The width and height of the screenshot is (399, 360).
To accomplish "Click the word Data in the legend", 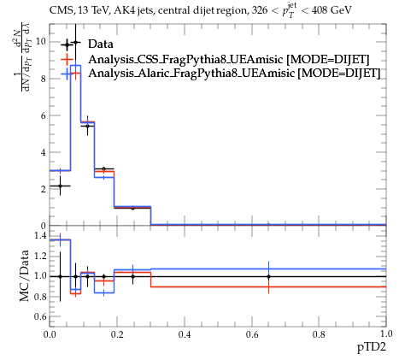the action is tap(101, 44).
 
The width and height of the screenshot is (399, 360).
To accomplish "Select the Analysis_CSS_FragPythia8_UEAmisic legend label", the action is tap(185, 59).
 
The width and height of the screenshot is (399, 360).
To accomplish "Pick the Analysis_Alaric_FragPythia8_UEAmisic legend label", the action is tap(191, 73).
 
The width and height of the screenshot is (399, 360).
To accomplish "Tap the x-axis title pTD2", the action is tap(372, 347).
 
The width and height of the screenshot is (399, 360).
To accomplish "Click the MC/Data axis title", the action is tap(24, 275).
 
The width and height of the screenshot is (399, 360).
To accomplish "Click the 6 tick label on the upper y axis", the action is tap(44, 115).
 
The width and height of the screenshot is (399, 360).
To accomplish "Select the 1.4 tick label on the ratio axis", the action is tap(40, 236).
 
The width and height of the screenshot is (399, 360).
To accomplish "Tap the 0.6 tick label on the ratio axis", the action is tap(40, 316).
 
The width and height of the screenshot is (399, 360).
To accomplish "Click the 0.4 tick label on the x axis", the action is tap(185, 334).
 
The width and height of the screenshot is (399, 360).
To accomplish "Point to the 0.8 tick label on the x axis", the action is tap(319, 334).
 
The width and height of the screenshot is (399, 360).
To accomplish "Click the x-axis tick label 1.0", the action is tap(386, 333).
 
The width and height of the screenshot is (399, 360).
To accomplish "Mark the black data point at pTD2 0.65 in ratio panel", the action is tap(268, 276).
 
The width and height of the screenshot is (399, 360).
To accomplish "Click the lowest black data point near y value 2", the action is tap(60, 186).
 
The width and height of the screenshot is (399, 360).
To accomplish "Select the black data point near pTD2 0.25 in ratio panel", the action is tap(132, 276).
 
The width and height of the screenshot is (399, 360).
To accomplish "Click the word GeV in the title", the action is tap(341, 11).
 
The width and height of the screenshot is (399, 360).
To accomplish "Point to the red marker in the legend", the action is tap(67, 60).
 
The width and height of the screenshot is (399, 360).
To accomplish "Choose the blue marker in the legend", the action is tap(67, 74).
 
